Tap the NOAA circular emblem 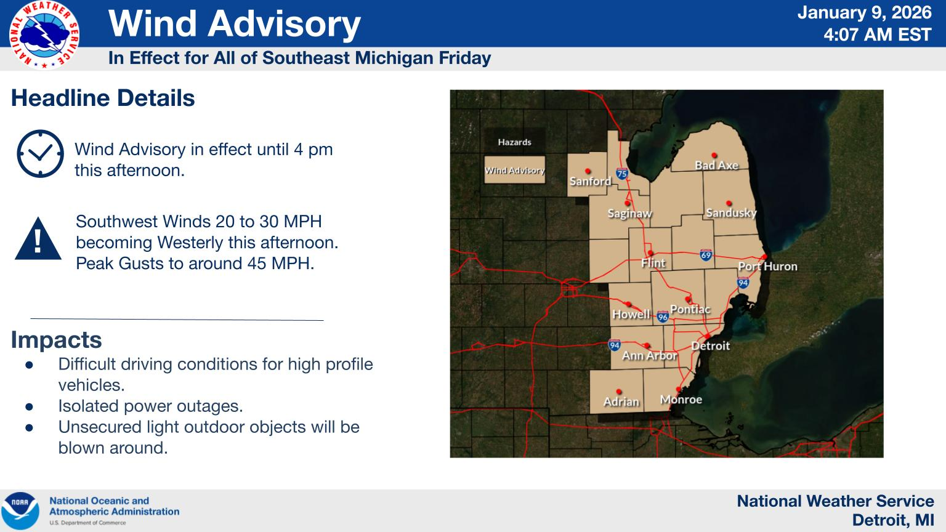tap(20, 510)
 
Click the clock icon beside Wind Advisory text tap(40, 154)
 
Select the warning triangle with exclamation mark tap(38, 239)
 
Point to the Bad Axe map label tap(716, 165)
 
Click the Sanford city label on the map tap(590, 181)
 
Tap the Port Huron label tap(767, 267)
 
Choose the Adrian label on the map tap(621, 401)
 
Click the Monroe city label tap(681, 400)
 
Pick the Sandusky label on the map tap(731, 213)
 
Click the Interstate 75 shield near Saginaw tap(622, 174)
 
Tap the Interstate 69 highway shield tap(706, 254)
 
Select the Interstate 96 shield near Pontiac tap(663, 316)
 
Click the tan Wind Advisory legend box tap(514, 171)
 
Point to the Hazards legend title tap(514, 142)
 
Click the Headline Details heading tap(103, 99)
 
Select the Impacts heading tap(56, 340)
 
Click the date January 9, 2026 tap(864, 13)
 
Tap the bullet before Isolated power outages tap(29, 406)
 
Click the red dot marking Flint tap(650, 253)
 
